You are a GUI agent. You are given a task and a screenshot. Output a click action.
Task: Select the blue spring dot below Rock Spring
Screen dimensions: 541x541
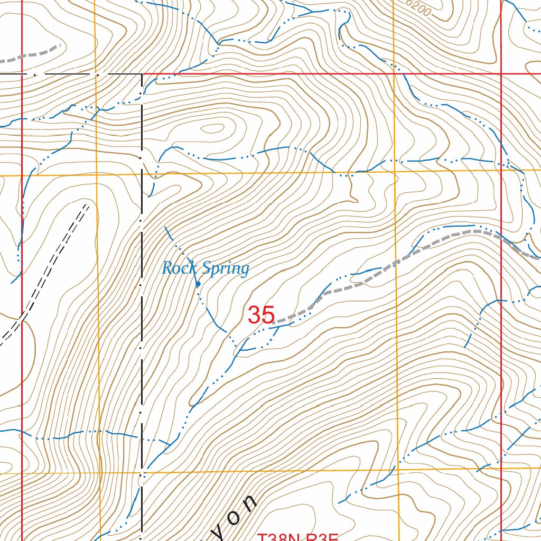point(198,284)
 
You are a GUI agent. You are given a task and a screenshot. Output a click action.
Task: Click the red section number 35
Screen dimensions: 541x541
point(262,315)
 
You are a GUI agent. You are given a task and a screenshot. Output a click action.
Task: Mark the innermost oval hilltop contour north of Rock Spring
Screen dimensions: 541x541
point(213,128)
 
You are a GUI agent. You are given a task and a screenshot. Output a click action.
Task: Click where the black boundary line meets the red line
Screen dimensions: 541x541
point(142,74)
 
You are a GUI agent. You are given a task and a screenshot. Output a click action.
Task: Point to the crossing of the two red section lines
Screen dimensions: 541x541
point(501,74)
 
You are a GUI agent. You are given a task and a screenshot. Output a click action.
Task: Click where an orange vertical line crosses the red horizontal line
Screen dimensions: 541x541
point(394,74)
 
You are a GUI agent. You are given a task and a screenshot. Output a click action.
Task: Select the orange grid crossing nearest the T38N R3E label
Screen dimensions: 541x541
point(397,469)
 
